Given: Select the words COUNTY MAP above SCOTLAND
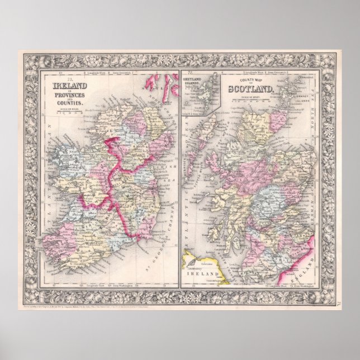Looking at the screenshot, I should pos(250,80).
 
